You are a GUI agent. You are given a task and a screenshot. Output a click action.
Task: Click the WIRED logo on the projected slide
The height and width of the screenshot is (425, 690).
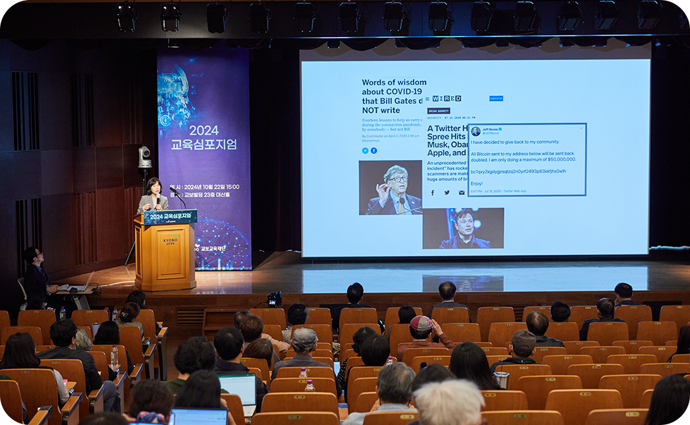[x=447, y=98]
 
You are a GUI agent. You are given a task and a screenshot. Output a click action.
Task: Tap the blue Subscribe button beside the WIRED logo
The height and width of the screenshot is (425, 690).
[x=496, y=98]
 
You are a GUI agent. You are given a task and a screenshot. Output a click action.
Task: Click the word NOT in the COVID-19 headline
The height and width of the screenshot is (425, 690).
[x=372, y=110]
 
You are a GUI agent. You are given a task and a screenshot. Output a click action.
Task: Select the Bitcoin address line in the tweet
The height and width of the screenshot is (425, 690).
[x=518, y=171]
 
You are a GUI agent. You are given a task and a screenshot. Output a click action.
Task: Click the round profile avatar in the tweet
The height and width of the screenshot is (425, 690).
[x=476, y=131]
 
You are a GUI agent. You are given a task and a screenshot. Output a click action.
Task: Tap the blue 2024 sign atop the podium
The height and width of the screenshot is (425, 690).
[x=170, y=217]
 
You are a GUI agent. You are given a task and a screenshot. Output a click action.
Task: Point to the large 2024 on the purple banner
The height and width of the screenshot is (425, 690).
[x=204, y=130]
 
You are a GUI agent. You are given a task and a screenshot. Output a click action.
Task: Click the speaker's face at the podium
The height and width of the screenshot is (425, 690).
[x=153, y=187]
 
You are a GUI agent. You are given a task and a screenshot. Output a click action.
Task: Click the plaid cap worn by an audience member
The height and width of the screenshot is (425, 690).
[x=422, y=323]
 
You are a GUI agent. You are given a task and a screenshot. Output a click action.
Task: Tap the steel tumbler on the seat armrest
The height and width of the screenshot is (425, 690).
[x=503, y=380]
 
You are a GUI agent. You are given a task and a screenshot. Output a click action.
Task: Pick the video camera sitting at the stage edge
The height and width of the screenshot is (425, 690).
[x=275, y=298]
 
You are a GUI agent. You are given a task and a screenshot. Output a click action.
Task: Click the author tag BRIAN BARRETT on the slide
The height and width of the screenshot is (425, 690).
[x=439, y=111]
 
